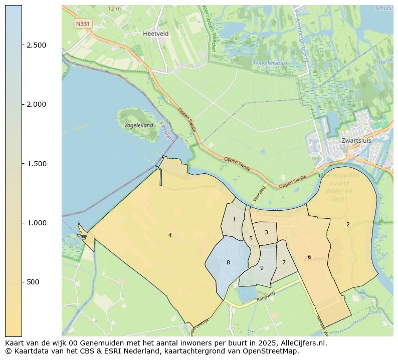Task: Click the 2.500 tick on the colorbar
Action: point(36,45)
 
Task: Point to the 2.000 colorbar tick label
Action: point(36,104)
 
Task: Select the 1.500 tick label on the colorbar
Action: point(36,164)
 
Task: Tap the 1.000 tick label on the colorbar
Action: point(36,223)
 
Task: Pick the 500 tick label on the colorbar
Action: point(33,282)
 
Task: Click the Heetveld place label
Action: point(155,34)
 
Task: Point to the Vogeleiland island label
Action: point(138,125)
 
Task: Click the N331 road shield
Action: point(83,24)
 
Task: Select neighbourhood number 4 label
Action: point(170,235)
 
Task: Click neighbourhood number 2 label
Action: point(348,224)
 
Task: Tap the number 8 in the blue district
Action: point(228,262)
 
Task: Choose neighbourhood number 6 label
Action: point(309,257)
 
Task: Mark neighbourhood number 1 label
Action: point(234,219)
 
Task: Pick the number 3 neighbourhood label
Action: point(266,232)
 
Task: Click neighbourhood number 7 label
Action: point(284,262)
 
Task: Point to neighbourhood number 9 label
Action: point(262,268)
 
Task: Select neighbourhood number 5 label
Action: point(251,238)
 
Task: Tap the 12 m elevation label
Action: point(115,9)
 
